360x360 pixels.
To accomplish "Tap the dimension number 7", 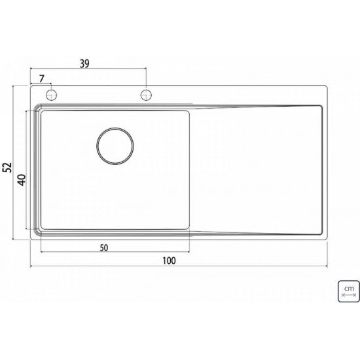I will click(x=43, y=79).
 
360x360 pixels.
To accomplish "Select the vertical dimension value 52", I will click(x=8, y=167).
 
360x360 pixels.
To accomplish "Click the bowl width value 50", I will click(x=104, y=247).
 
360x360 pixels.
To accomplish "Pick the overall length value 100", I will click(x=168, y=261).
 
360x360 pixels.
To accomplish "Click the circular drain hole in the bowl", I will click(x=115, y=145).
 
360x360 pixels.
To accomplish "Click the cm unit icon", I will click(x=348, y=290).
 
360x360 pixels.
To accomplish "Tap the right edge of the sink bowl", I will click(x=189, y=170).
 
